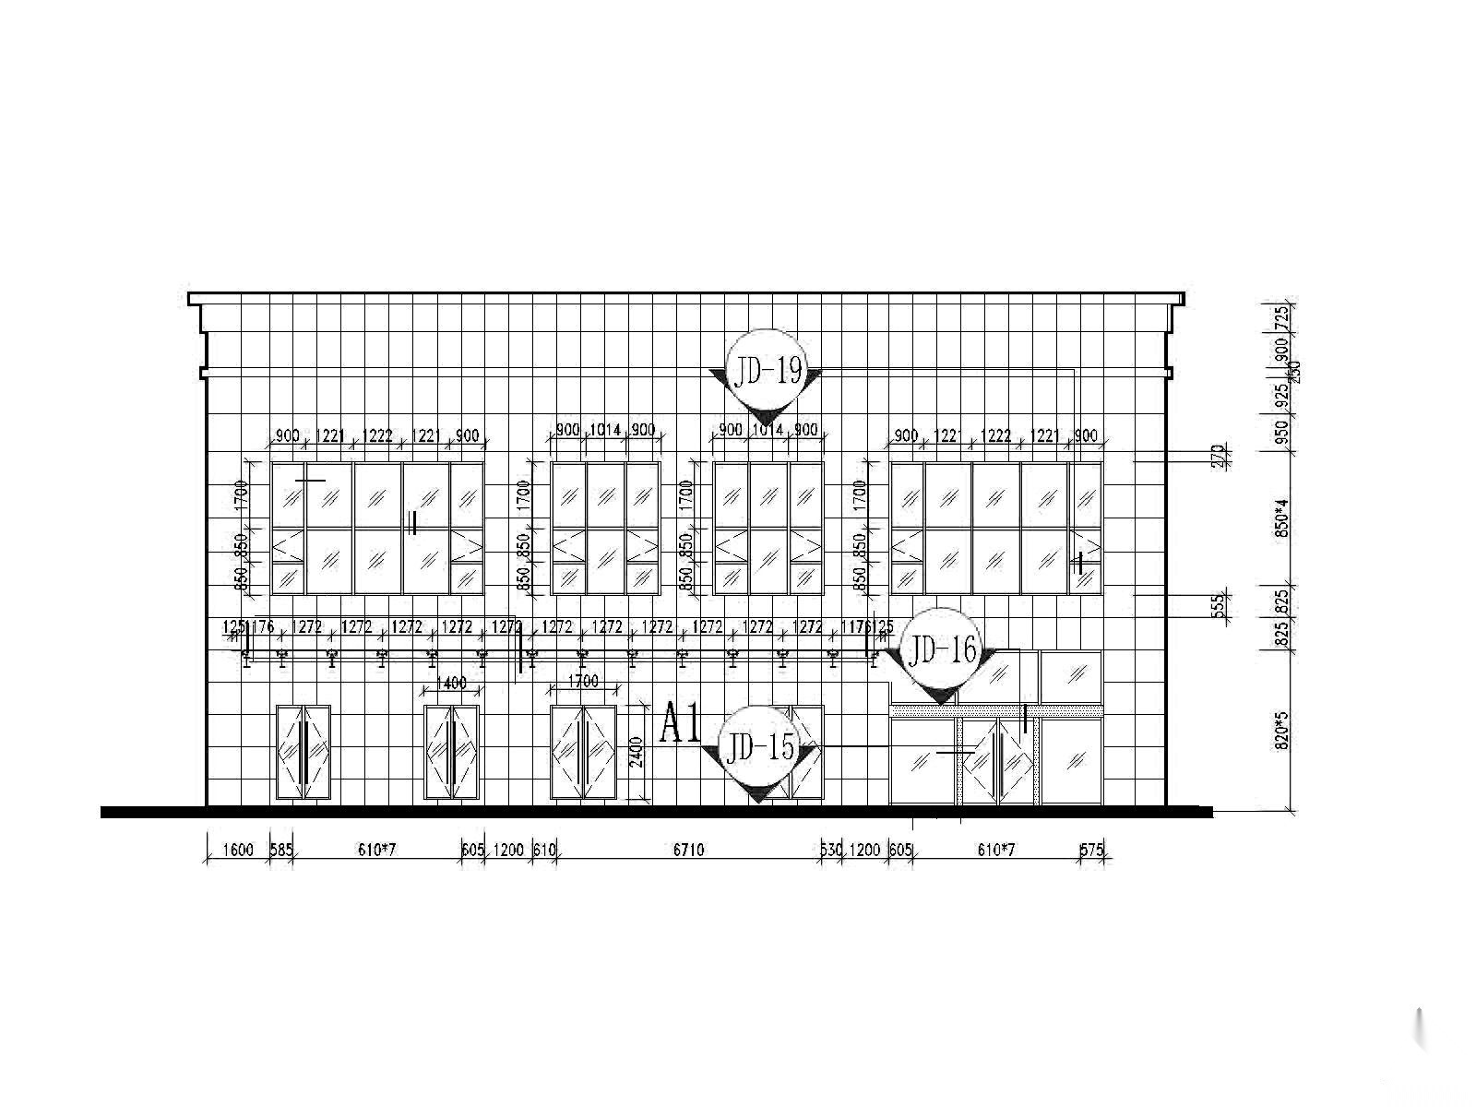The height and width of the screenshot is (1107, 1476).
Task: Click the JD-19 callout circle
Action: tap(765, 371)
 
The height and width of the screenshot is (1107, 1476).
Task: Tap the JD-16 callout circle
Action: tap(941, 652)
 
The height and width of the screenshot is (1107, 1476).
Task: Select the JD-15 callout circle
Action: tap(759, 747)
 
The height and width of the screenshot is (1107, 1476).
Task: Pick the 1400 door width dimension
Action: tap(450, 684)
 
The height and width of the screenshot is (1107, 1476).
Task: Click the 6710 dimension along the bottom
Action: tap(688, 850)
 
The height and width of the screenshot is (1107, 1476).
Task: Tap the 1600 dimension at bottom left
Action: tap(237, 850)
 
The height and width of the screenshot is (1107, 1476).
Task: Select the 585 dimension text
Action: tap(281, 850)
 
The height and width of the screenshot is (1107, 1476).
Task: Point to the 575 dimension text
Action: tap(1091, 850)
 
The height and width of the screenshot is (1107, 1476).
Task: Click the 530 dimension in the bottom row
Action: tap(830, 850)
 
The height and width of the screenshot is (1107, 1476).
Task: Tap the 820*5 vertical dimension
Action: tap(1280, 729)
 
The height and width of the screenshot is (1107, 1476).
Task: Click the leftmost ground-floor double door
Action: tap(304, 753)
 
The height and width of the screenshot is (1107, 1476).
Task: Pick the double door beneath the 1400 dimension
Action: tap(451, 753)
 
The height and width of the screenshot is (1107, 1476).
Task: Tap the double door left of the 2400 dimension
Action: tap(583, 753)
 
